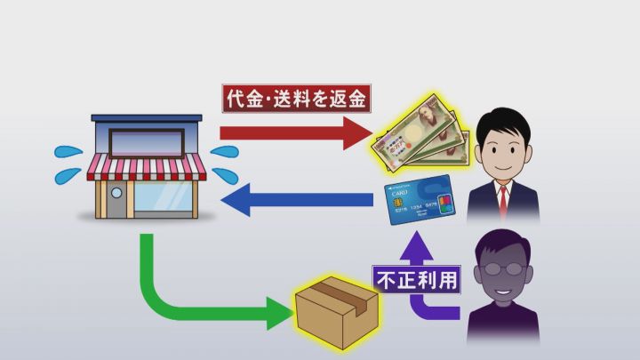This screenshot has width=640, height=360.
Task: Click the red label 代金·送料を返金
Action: [x=296, y=99]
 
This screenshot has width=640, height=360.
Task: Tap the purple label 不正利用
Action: [x=417, y=280]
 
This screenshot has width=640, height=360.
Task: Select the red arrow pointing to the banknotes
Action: [x=296, y=133]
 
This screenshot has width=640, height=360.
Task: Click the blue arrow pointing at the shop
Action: [x=297, y=200]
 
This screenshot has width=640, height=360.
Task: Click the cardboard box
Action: [x=337, y=313]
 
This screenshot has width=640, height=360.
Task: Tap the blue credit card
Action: [x=420, y=200]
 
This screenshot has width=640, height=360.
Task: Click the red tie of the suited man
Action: [x=503, y=200]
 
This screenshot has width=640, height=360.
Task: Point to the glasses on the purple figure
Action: [x=502, y=269]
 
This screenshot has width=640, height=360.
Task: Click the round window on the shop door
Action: [x=116, y=193]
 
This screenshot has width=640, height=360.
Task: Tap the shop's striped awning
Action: [x=147, y=167]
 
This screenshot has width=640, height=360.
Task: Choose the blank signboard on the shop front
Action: [x=147, y=143]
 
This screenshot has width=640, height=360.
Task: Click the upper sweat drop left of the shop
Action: [x=68, y=152]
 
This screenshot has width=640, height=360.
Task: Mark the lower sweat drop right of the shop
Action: [x=225, y=175]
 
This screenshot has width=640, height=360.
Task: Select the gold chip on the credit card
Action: [x=398, y=203]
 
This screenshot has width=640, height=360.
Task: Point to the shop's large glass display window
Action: [x=164, y=196]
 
